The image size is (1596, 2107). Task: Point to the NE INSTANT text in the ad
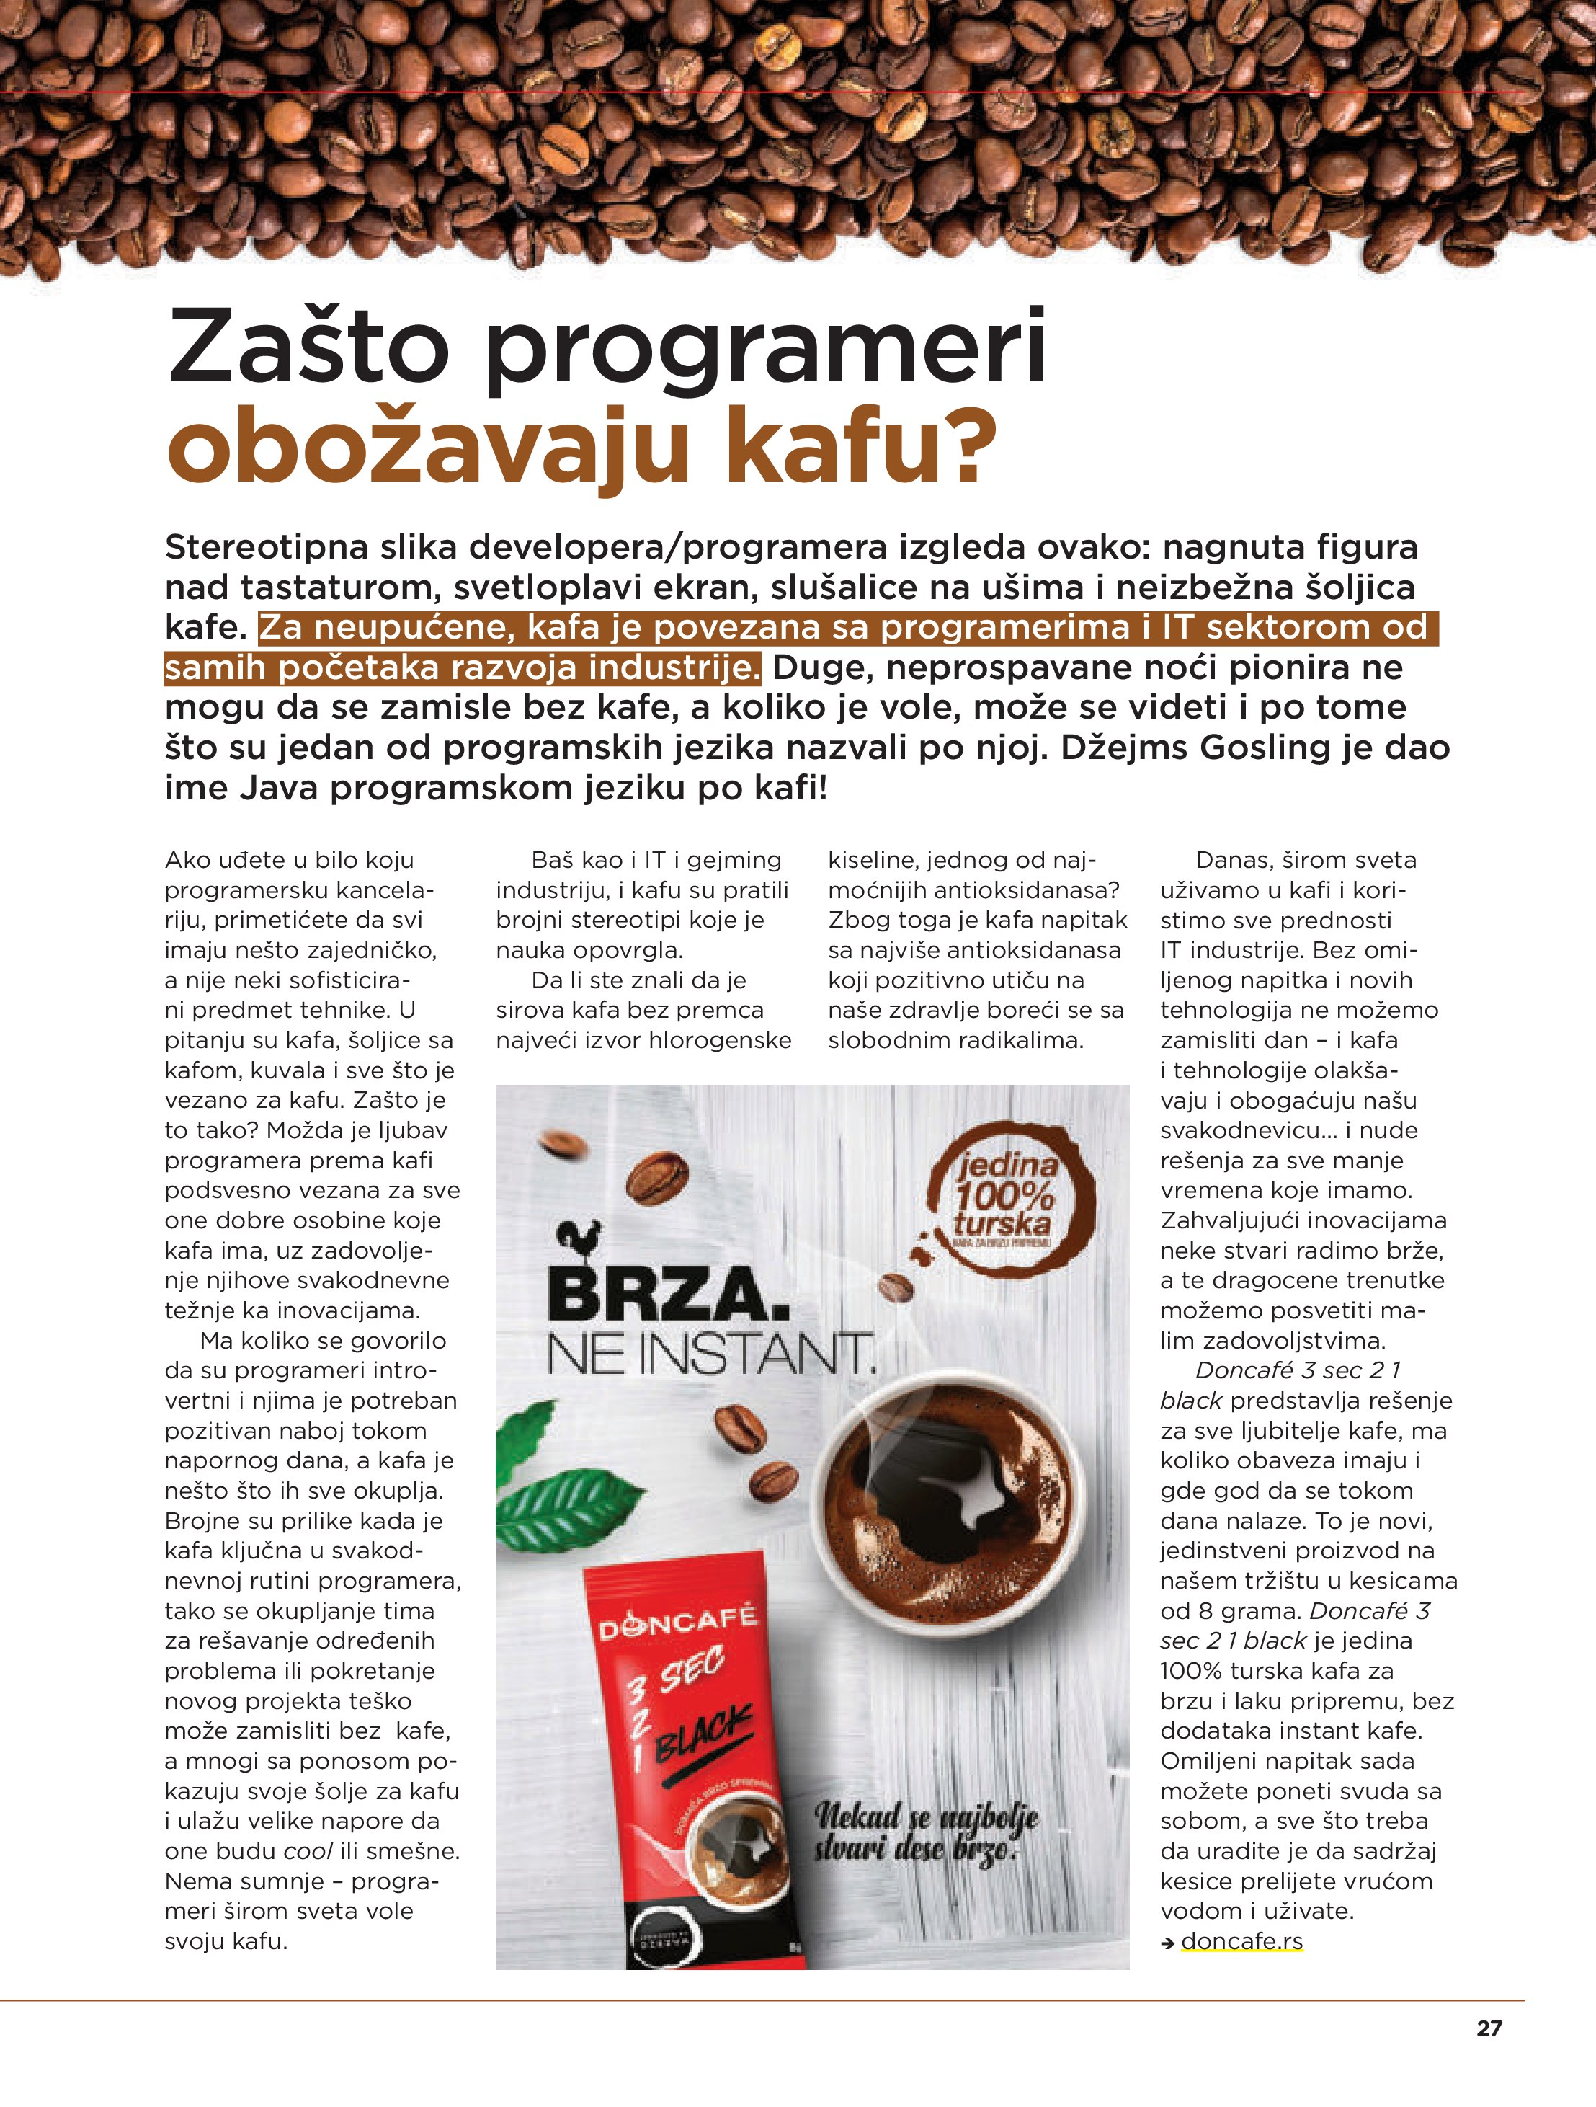710,1354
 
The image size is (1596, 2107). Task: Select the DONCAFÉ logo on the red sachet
677,1622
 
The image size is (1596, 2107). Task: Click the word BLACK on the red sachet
704,1731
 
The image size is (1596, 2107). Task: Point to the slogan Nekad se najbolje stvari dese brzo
924,1835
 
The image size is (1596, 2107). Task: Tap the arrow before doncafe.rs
1167,1943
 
